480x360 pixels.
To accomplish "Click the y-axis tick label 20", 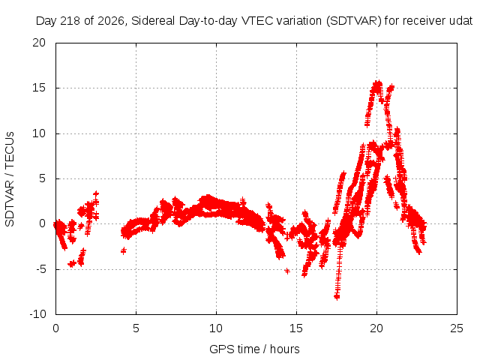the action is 39,43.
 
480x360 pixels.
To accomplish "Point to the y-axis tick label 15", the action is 39,88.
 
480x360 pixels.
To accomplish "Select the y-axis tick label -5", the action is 40,269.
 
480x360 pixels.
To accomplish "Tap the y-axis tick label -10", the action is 37,314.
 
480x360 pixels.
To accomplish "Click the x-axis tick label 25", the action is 457,328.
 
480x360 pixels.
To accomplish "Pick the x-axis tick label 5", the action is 136,328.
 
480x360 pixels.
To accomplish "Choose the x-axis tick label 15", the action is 296,328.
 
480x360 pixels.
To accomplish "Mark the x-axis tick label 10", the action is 216,328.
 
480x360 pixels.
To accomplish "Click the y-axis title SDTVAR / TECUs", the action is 10,179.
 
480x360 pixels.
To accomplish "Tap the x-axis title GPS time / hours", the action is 254,349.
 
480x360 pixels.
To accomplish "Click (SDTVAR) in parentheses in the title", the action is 354,21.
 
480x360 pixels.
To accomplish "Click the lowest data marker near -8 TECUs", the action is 337,297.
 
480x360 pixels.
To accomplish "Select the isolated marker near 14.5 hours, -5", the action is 287,271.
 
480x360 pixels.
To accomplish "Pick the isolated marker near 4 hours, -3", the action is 124,251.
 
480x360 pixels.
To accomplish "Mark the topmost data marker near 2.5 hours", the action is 96,193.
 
